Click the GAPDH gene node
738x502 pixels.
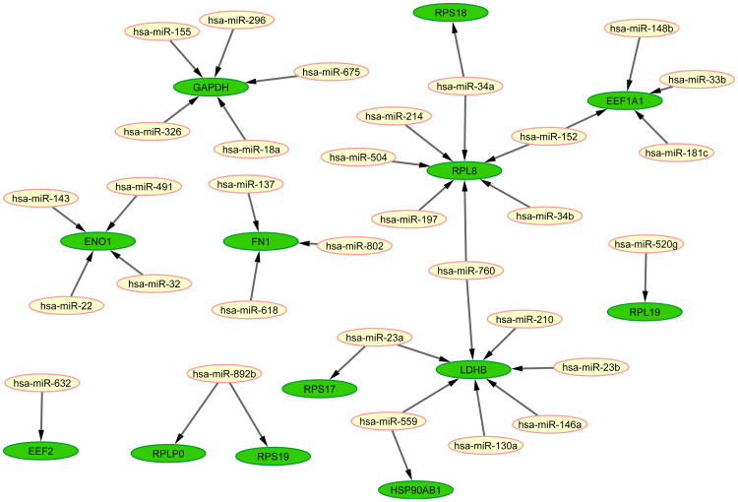(211, 88)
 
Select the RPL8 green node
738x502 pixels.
(464, 170)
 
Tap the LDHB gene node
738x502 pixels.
(474, 370)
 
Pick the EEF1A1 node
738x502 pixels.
(624, 100)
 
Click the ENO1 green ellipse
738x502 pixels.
(97, 241)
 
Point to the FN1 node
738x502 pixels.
(261, 240)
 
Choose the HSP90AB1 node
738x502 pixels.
(415, 488)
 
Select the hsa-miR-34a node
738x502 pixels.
(465, 87)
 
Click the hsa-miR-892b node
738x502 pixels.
(225, 373)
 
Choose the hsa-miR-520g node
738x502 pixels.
(644, 244)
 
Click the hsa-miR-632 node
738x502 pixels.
(41, 382)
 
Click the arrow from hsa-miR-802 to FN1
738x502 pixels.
(307, 242)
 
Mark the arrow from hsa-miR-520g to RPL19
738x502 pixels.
(645, 278)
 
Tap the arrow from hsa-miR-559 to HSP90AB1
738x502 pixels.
(400, 452)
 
